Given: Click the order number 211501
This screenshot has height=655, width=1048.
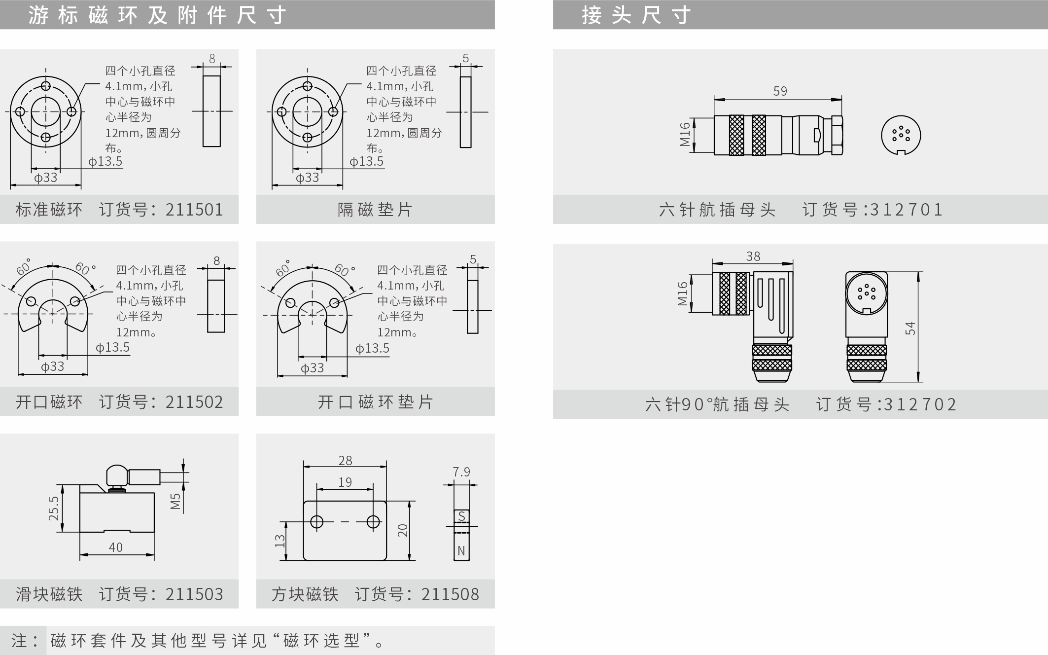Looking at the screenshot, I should [194, 210].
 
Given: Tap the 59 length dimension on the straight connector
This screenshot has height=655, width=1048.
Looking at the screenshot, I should [780, 91].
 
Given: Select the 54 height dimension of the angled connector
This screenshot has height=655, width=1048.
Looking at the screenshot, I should [910, 328].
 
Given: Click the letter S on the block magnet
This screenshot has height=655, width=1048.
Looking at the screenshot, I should [461, 516].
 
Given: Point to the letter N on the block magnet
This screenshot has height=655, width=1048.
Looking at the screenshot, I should [461, 551].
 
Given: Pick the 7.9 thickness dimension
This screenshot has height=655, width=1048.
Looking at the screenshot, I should [461, 472].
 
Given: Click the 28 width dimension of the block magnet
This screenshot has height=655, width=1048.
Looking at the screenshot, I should [345, 460].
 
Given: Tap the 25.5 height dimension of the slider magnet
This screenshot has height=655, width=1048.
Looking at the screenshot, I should [53, 508].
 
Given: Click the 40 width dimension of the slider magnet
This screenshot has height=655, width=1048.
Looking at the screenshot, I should [116, 547].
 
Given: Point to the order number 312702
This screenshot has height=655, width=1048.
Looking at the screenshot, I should [920, 404].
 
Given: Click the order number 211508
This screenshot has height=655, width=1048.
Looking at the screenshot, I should [450, 594].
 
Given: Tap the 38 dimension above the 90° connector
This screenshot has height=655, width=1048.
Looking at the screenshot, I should [753, 256].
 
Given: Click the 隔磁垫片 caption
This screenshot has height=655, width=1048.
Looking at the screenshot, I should [375, 210].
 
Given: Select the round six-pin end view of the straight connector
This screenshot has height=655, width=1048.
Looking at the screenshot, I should [901, 135].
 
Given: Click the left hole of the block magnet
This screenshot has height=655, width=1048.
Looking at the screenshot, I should [316, 522].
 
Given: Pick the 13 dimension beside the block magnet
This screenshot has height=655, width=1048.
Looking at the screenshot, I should [279, 541].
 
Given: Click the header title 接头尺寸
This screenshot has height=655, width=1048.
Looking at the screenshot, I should [636, 15].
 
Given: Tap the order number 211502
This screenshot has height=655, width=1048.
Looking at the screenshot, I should [194, 402].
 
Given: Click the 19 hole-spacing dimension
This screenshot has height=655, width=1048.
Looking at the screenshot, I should [345, 482].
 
